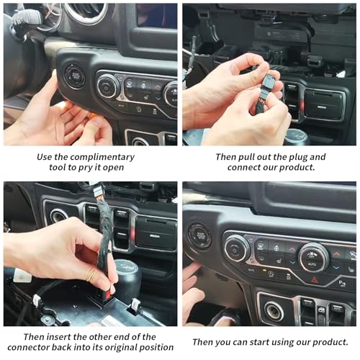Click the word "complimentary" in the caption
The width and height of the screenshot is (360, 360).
102,157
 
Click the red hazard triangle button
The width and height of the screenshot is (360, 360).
315,280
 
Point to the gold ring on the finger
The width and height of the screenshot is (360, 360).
91,276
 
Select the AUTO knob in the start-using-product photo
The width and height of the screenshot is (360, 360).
312,258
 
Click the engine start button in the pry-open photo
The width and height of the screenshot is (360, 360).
76,76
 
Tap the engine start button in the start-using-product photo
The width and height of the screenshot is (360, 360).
200,236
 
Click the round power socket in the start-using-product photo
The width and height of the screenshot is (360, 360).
274,311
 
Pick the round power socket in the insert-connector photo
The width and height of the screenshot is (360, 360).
59,216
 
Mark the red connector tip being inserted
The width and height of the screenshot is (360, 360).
110,292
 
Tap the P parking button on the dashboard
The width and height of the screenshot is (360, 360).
342,284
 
